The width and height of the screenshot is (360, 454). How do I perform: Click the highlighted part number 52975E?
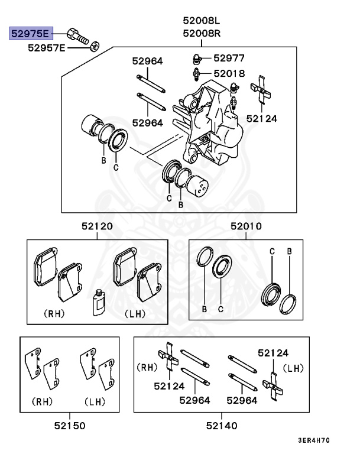30,33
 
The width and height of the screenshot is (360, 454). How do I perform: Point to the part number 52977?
229,58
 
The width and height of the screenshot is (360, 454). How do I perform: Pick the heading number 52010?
247,226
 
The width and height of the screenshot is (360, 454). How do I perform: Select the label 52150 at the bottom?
70,425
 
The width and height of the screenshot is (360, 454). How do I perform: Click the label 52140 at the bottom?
222,425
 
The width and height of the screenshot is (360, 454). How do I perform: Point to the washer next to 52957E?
95,46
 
